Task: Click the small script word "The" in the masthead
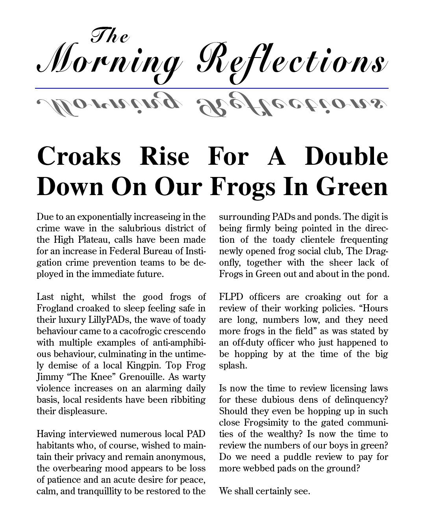110,36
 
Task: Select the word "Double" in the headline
346,156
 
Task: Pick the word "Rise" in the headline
165,156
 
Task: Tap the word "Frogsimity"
269,423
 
